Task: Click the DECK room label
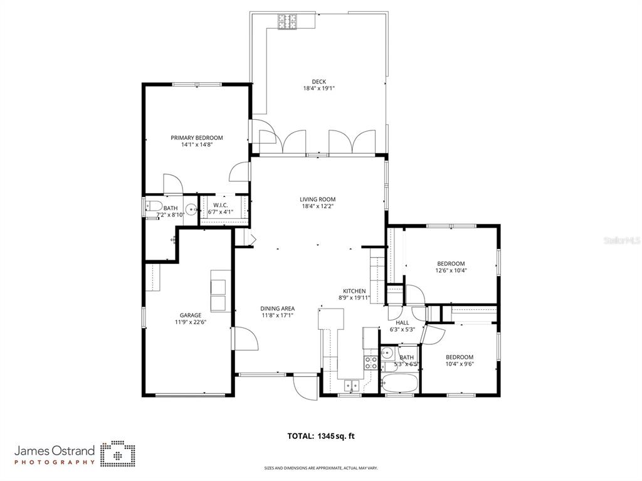[x=318, y=82]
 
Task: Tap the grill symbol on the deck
[x=288, y=22]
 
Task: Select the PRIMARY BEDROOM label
[x=197, y=138]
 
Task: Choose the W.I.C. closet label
[x=220, y=205]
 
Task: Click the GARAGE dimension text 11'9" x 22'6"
[x=191, y=322]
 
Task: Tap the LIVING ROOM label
[x=317, y=199]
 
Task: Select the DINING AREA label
[x=277, y=309]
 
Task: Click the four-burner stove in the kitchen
[x=371, y=362]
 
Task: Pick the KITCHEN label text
[x=354, y=291]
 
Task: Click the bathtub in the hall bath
[x=399, y=383]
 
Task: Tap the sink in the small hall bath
[x=387, y=352]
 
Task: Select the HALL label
[x=403, y=322]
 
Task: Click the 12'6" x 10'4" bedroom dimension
[x=451, y=271]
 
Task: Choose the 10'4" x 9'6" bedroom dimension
[x=460, y=364]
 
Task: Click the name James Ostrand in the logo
[x=55, y=451]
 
